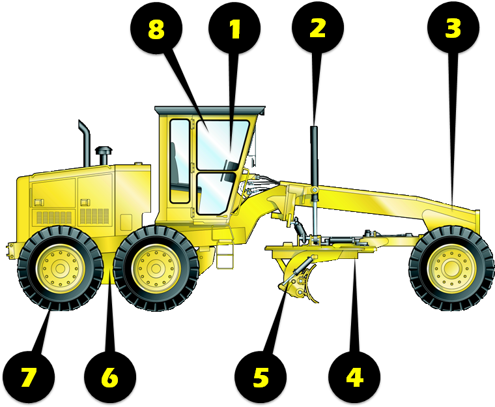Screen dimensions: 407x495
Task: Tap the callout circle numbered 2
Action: pos(317,28)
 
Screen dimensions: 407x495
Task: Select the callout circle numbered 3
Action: pos(453,28)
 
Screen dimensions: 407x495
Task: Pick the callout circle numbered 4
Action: pos(354,378)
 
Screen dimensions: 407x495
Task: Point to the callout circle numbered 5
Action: pos(261,378)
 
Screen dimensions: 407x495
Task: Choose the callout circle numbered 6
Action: pos(109,378)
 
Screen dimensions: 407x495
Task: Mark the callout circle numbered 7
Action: pos(28,378)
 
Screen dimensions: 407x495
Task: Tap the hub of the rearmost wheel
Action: pos(61,268)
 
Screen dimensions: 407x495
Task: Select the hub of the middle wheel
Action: pos(156,268)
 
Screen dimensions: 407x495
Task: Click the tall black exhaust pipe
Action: pos(85,143)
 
